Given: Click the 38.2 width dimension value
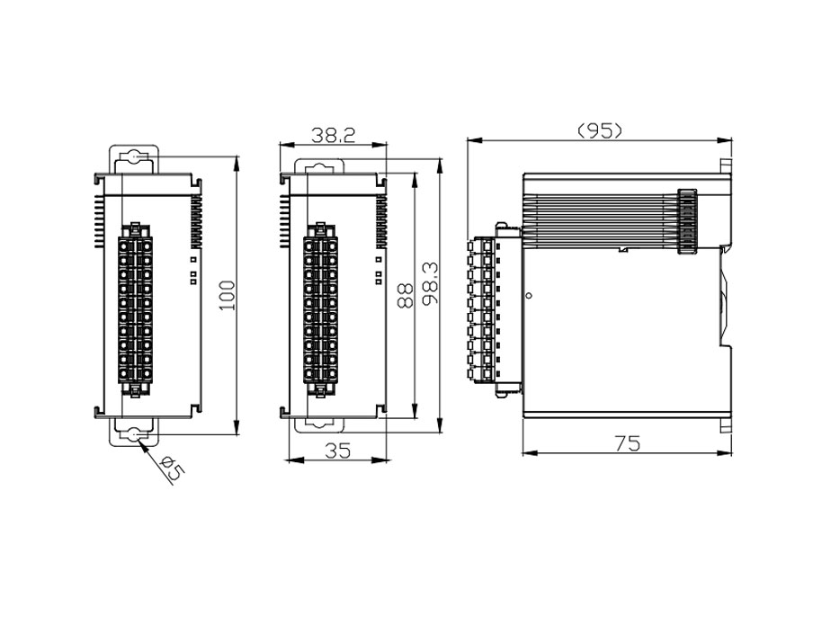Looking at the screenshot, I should (333, 135).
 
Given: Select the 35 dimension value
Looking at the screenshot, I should (336, 451).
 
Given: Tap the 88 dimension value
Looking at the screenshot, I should (406, 295).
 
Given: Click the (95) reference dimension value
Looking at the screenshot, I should (599, 130).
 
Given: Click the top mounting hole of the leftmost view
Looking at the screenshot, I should (133, 157).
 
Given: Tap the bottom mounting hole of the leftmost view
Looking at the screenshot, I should (133, 434).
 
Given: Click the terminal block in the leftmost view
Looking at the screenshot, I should (134, 308).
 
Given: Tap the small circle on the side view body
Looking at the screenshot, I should (529, 294).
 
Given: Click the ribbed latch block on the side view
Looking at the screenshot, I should (687, 222).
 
